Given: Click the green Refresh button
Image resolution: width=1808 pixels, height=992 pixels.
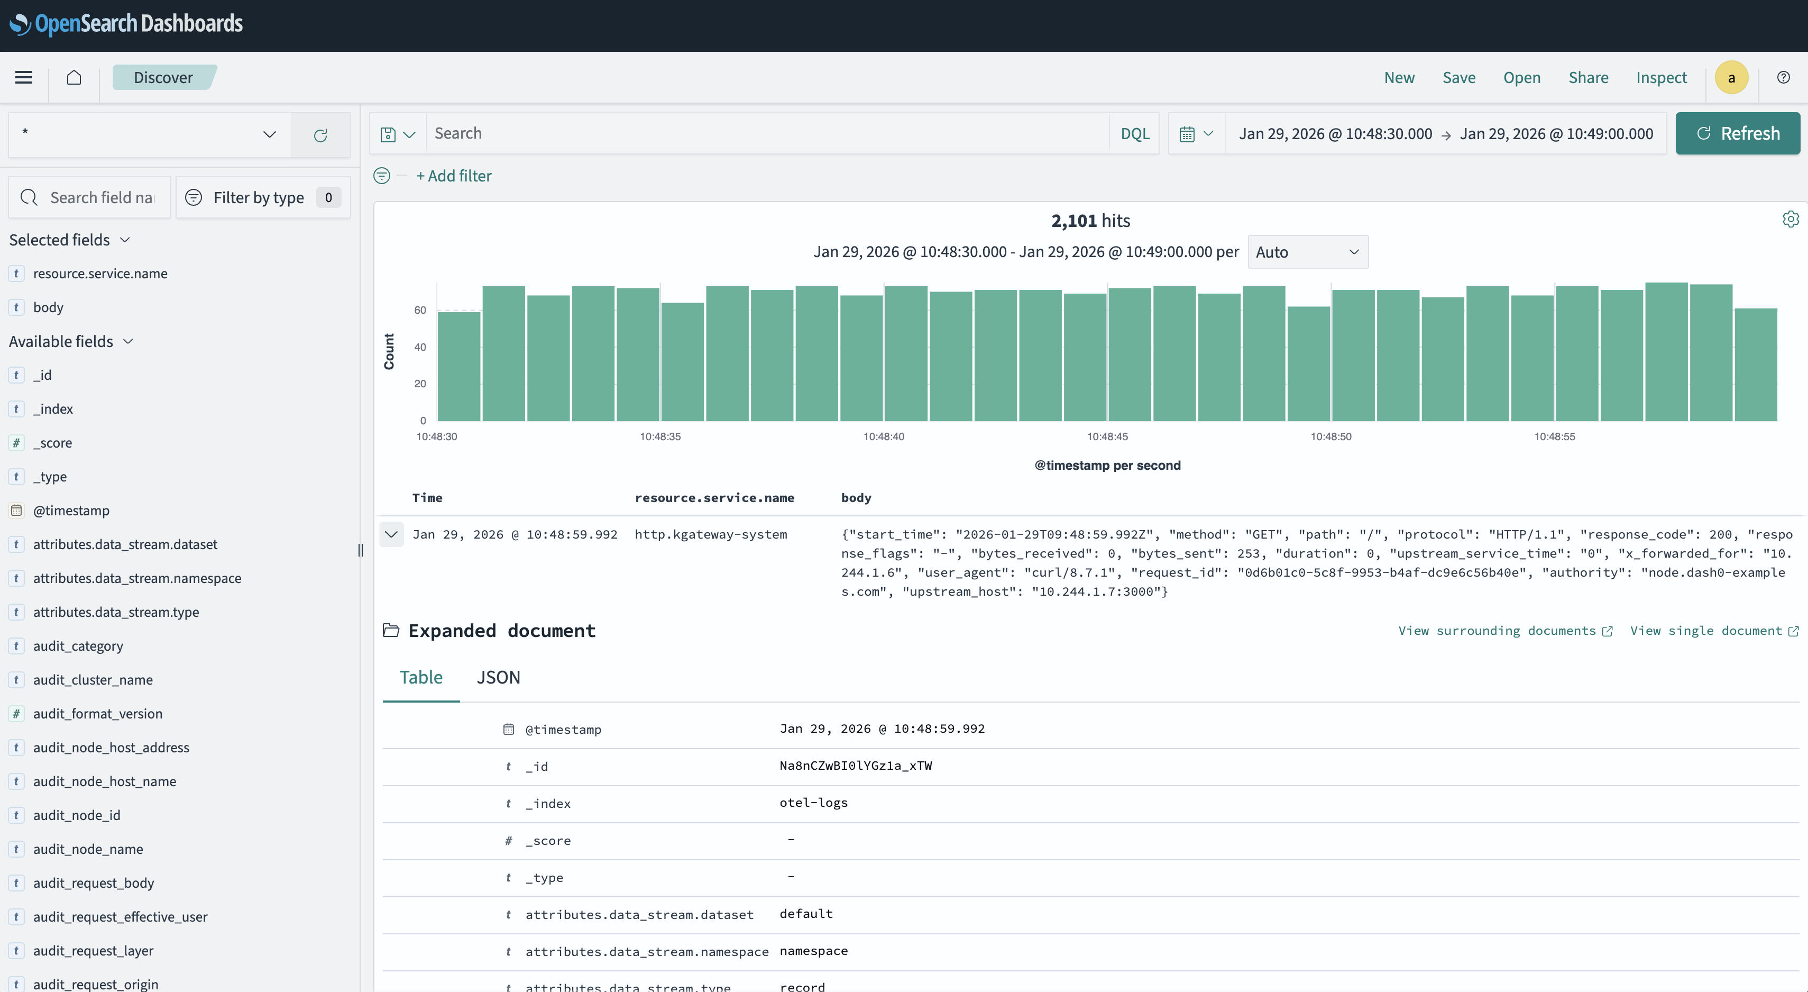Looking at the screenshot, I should tap(1737, 133).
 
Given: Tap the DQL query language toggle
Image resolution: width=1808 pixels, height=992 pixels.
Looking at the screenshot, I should tap(1134, 133).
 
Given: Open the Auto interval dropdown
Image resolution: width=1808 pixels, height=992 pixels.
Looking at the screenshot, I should tap(1307, 252).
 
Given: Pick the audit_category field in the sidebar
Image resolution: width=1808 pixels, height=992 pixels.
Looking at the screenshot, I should tap(78, 646).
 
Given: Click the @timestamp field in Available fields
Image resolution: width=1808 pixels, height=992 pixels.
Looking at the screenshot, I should tap(71, 511).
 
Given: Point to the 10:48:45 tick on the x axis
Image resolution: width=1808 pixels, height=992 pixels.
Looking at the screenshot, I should tap(1107, 436).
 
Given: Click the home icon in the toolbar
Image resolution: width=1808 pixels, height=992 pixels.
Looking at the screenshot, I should tap(74, 77).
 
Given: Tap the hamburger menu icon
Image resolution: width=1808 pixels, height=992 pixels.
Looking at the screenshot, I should tap(24, 77).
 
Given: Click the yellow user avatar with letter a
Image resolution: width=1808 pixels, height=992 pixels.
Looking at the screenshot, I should tap(1731, 77).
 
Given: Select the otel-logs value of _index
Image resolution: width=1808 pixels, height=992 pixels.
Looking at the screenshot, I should tap(813, 803).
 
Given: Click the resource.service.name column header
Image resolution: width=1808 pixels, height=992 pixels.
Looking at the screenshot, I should tap(714, 498).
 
